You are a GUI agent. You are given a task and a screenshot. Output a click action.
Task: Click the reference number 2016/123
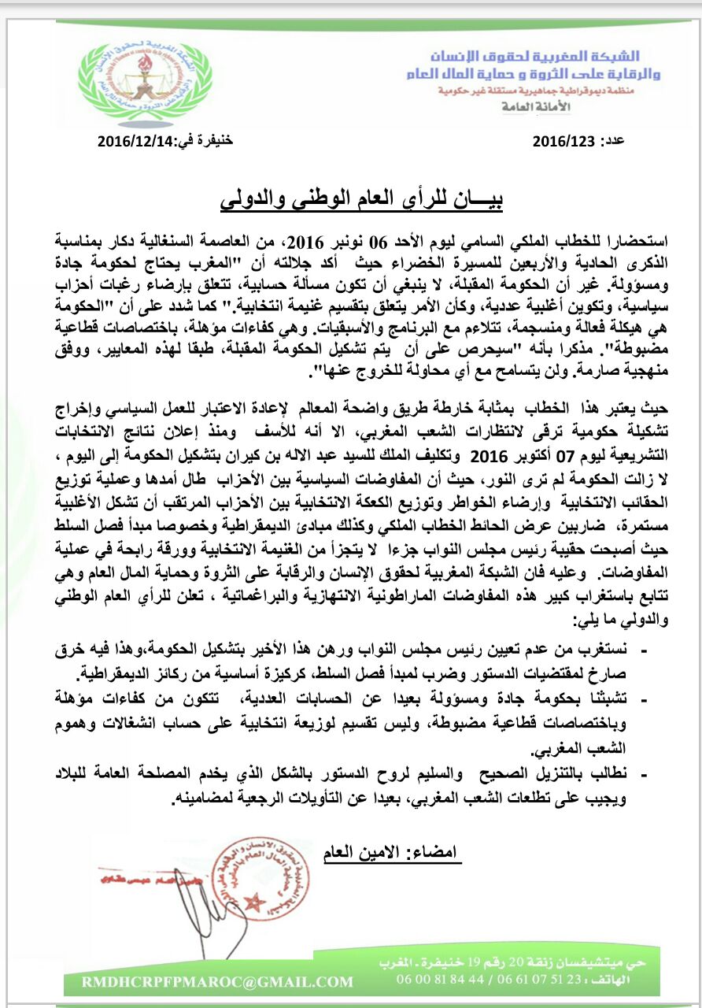pos(563,143)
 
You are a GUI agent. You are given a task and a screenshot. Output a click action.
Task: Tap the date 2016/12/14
pos(131,142)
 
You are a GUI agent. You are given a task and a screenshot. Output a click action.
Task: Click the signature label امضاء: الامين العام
pos(391,852)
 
